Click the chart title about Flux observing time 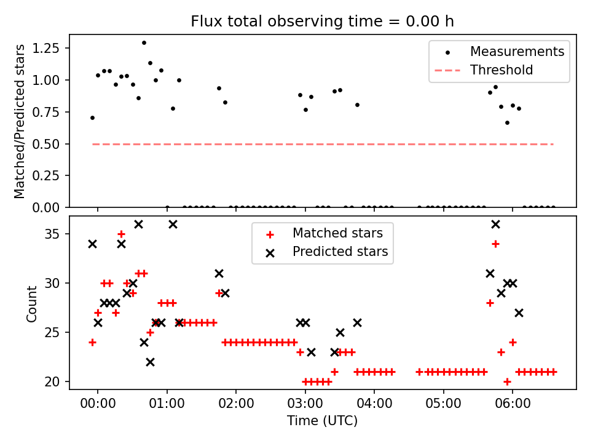322,22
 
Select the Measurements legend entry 517,52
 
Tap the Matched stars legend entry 337,233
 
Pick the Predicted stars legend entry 340,252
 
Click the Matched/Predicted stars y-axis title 20,121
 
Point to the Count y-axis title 31,303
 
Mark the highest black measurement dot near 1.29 144,42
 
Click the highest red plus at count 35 121,234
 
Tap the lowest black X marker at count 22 150,362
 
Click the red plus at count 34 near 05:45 495,244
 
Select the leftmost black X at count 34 92,244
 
